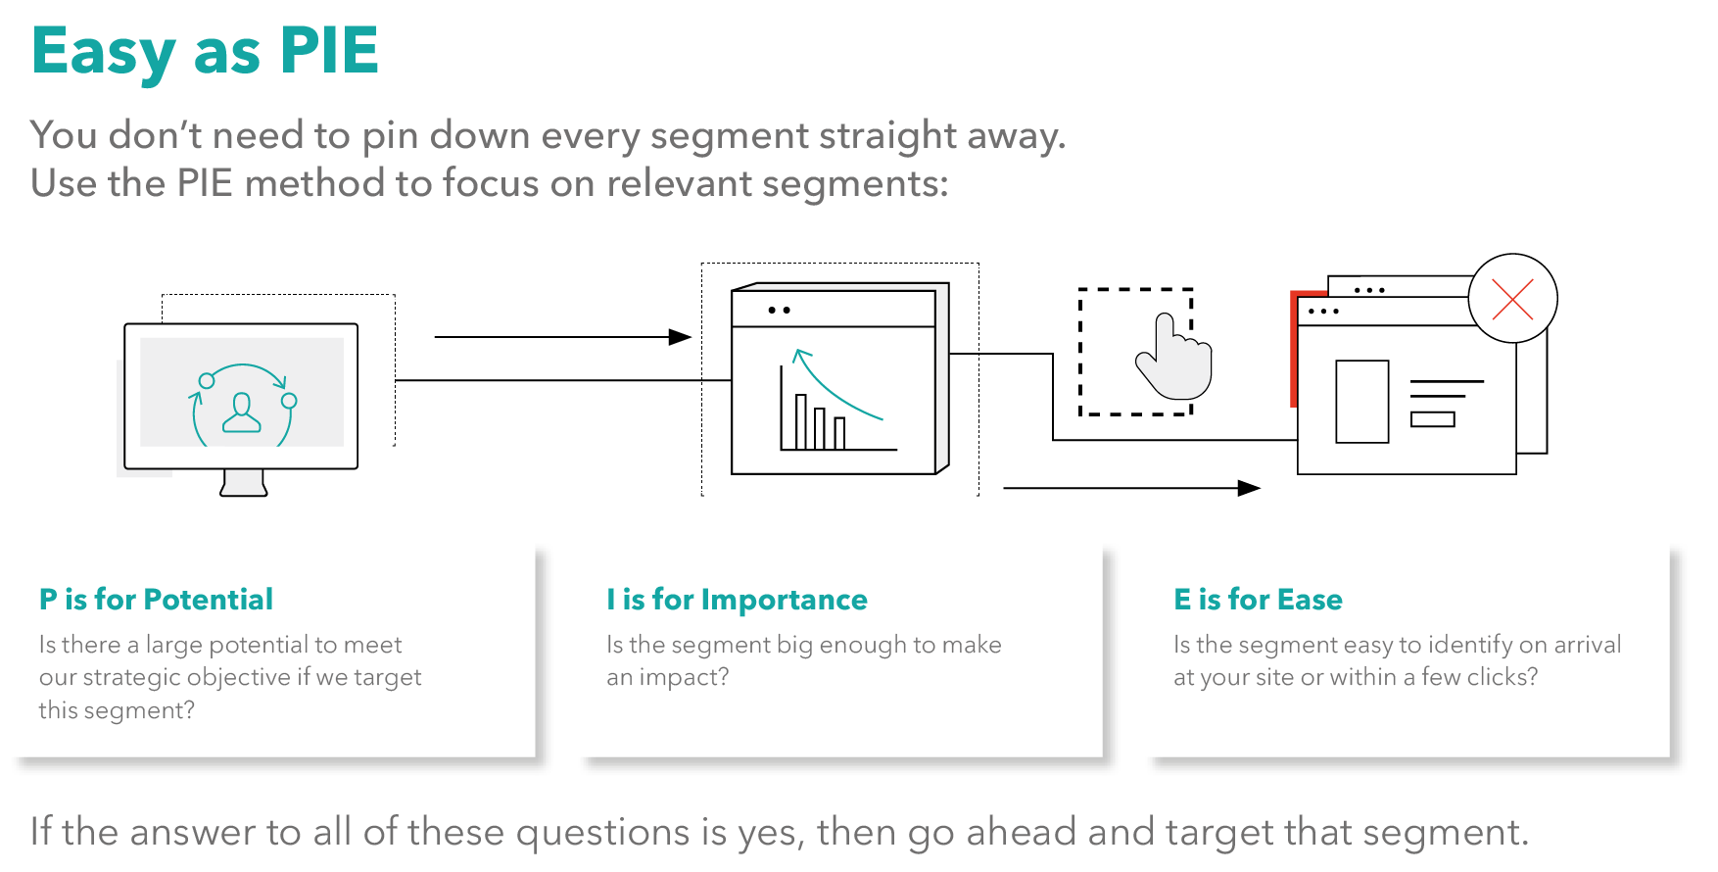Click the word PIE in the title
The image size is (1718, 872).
(329, 51)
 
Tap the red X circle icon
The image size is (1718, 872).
(1512, 299)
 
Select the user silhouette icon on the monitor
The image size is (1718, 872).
(242, 412)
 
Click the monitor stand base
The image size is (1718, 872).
(244, 485)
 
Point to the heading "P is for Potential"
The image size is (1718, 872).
(156, 599)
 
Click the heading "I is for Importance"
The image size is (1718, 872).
(737, 599)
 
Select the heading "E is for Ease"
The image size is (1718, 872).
(1258, 599)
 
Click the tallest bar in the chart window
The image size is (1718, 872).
(801, 421)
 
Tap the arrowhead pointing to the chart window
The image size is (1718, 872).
(681, 337)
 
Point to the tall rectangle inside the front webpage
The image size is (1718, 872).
(1361, 402)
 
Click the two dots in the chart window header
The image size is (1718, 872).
(779, 310)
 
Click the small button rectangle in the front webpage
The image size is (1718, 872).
(1432, 419)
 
